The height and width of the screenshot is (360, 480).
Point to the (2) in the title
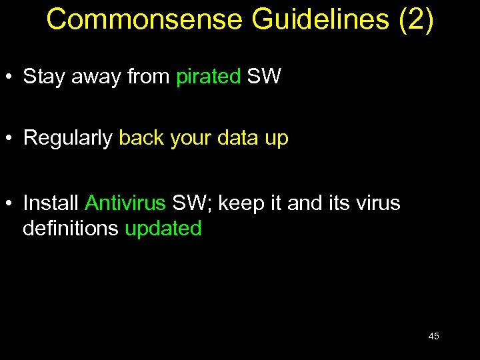tap(416, 19)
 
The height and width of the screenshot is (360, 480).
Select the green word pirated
tap(208, 77)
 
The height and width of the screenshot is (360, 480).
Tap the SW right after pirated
tap(264, 77)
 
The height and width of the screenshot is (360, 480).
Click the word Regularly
tap(67, 138)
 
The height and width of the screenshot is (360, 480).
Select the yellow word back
tap(141, 138)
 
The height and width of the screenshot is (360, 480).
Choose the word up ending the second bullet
tap(276, 139)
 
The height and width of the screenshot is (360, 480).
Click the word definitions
tap(71, 228)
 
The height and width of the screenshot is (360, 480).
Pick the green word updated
tap(163, 229)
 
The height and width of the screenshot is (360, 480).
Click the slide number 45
tap(433, 336)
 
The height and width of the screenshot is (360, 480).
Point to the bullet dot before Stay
tap(11, 77)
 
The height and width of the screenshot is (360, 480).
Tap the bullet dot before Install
tap(11, 203)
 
